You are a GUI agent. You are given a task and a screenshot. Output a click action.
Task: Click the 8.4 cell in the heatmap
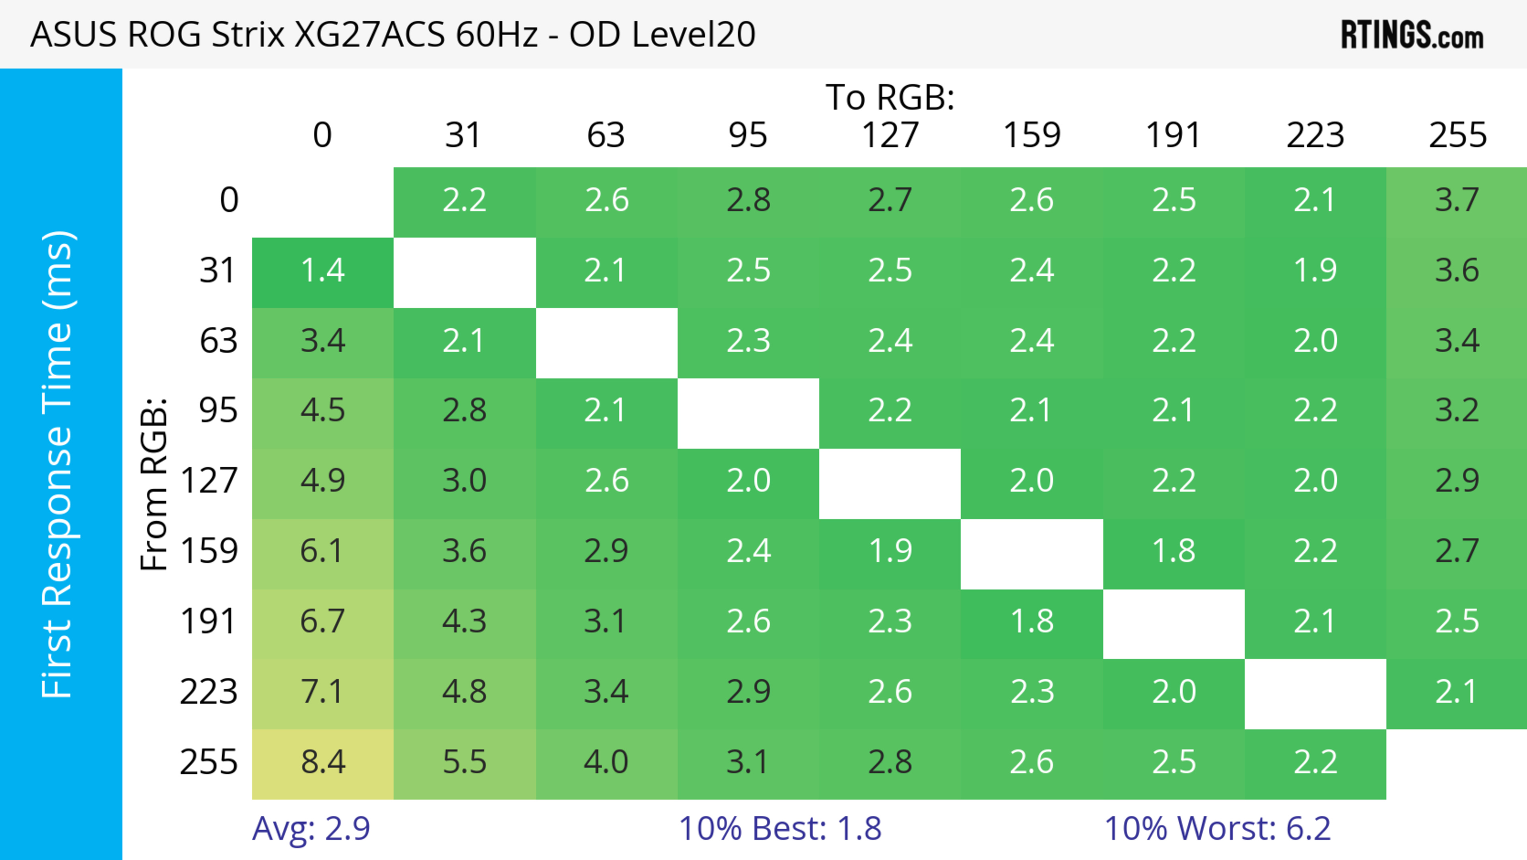tap(322, 762)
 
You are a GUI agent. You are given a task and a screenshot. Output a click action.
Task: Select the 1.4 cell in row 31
tap(322, 271)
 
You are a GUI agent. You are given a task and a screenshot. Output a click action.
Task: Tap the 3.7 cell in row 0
tap(1457, 200)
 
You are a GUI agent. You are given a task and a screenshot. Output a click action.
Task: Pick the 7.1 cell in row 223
tap(322, 692)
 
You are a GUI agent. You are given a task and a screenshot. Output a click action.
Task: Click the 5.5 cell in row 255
tap(464, 762)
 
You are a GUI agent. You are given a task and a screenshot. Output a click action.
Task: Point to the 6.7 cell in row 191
tap(322, 621)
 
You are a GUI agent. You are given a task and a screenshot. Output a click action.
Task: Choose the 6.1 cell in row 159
tap(322, 551)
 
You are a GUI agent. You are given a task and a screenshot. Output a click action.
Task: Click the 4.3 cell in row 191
tap(464, 621)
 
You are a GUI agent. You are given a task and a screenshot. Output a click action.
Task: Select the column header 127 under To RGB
tap(890, 135)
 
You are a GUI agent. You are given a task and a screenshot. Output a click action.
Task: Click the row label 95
tap(218, 410)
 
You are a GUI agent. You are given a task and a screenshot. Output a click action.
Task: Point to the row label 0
tap(229, 200)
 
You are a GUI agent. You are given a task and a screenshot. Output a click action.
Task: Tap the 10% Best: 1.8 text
tap(779, 828)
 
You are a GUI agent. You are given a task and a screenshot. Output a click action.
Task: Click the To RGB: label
tap(890, 97)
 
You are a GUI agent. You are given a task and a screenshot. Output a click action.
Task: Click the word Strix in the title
tap(248, 34)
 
